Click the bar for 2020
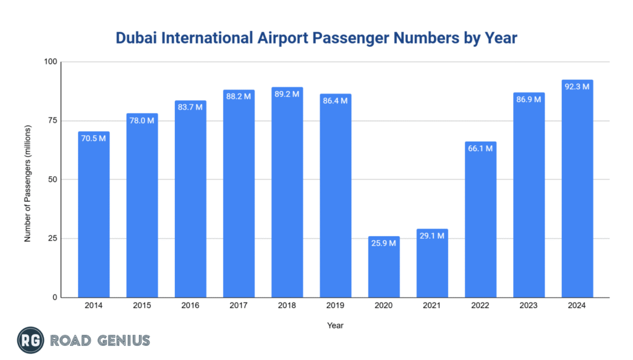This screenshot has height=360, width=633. point(384,267)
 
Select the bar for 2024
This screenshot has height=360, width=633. point(577,189)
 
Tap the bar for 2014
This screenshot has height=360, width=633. point(94,215)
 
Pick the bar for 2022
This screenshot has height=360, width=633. point(480,220)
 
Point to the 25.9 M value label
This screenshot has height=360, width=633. point(384,243)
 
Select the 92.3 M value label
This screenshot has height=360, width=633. point(577,87)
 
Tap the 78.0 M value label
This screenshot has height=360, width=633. point(142,121)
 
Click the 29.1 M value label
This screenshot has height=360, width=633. point(432,236)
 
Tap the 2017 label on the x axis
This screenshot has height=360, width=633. point(239,306)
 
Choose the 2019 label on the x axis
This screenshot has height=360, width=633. point(335,306)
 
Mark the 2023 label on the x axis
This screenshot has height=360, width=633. point(529,306)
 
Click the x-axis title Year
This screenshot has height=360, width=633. point(336,325)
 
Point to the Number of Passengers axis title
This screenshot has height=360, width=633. point(28,179)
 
